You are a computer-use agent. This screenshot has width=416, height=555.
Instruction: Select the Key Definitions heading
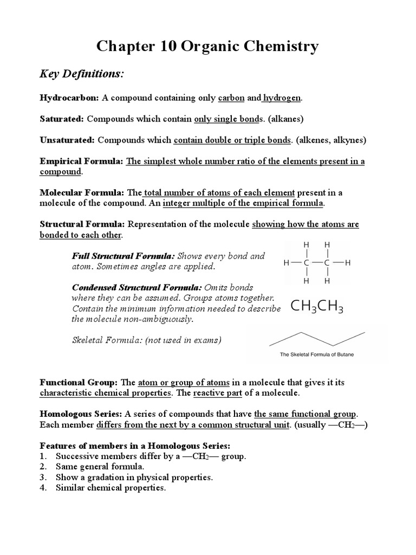point(81,74)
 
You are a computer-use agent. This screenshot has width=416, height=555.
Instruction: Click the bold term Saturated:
point(62,119)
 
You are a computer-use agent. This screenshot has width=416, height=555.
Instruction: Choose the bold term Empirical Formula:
point(82,161)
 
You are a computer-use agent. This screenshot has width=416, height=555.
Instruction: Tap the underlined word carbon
point(231,98)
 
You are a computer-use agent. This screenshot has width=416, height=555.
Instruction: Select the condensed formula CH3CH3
point(317,307)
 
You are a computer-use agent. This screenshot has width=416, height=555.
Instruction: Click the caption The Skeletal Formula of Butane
point(317,355)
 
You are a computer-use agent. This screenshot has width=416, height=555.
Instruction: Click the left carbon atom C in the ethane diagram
point(307,263)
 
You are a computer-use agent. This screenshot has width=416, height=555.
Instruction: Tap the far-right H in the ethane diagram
point(348,263)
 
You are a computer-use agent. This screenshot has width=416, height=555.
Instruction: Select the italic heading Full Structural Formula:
point(123,256)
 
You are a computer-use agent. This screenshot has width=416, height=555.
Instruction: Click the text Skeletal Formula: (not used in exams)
point(147,340)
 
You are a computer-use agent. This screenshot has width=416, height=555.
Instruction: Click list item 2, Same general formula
point(100,467)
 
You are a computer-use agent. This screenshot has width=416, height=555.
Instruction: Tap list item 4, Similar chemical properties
point(110,488)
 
